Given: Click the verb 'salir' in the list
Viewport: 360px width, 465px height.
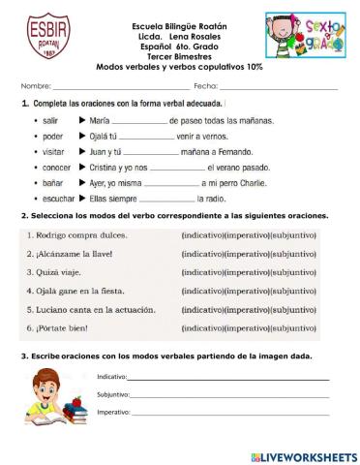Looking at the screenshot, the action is coord(52,120).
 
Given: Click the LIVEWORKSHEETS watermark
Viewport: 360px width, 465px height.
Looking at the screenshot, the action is coord(303,455).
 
